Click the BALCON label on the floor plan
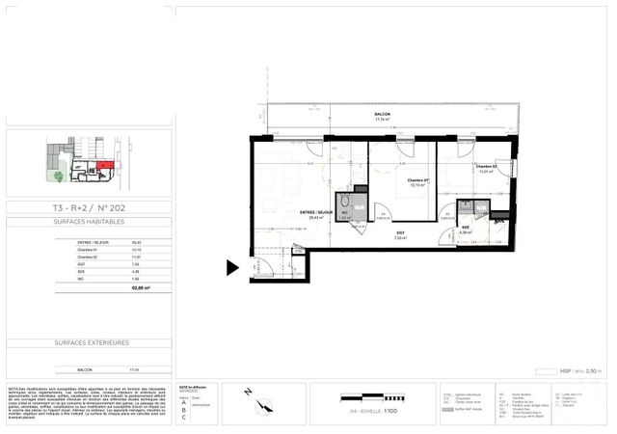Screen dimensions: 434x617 [x=383, y=115]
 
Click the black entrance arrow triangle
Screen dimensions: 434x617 [x=232, y=267]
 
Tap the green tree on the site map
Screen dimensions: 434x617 [x=59, y=176]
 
